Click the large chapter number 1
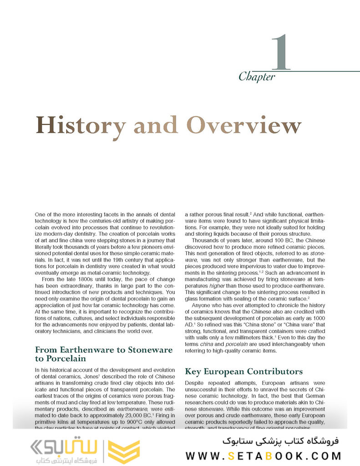(281, 53)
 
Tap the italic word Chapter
(257, 77)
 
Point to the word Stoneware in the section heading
(147, 350)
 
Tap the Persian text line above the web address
(284, 441)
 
